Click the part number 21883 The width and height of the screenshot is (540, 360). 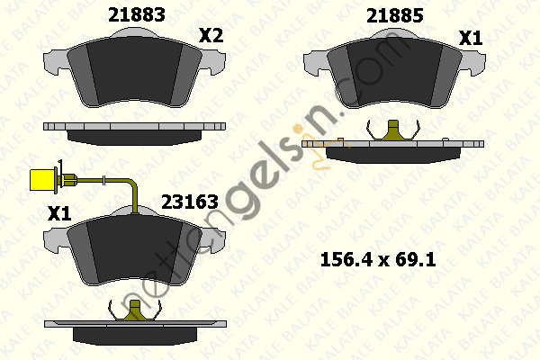click(x=137, y=14)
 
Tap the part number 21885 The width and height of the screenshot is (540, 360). click(x=395, y=16)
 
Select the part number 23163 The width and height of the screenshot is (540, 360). click(x=190, y=202)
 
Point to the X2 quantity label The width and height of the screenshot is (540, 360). click(x=211, y=35)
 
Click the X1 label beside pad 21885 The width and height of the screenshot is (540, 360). click(x=471, y=38)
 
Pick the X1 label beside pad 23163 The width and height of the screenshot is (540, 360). click(x=59, y=213)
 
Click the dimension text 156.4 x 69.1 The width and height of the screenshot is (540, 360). click(x=378, y=260)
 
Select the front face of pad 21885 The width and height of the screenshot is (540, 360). click(x=394, y=73)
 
